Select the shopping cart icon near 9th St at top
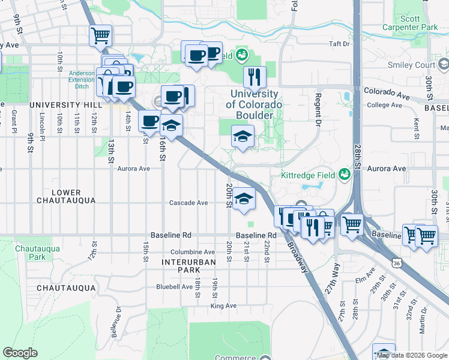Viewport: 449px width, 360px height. tap(100, 35)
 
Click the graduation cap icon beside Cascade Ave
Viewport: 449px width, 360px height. tap(244, 199)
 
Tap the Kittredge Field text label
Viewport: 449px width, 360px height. tap(306, 176)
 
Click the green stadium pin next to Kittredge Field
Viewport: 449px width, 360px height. tap(345, 175)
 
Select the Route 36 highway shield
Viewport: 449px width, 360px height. tap(396, 263)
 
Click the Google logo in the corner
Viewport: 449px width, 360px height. tap(20, 352)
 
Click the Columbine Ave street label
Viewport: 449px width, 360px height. tap(192, 252)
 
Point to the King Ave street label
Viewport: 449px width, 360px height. tap(223, 306)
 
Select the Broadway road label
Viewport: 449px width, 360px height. tap(298, 255)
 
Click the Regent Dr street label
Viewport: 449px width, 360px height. tap(318, 109)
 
